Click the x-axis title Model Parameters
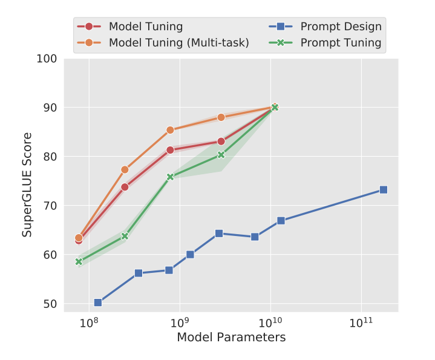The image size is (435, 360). tap(231, 337)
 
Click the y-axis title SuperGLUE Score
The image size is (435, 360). tap(27, 182)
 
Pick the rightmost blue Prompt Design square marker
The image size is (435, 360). tap(384, 189)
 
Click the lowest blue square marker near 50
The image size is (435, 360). tap(98, 303)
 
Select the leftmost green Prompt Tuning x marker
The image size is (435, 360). tap(79, 261)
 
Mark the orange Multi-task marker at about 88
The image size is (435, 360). tap(221, 117)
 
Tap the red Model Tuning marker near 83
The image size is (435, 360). tap(221, 141)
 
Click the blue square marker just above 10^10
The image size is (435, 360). tap(281, 221)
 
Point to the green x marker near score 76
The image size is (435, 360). tap(170, 177)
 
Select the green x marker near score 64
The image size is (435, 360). tap(125, 235)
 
